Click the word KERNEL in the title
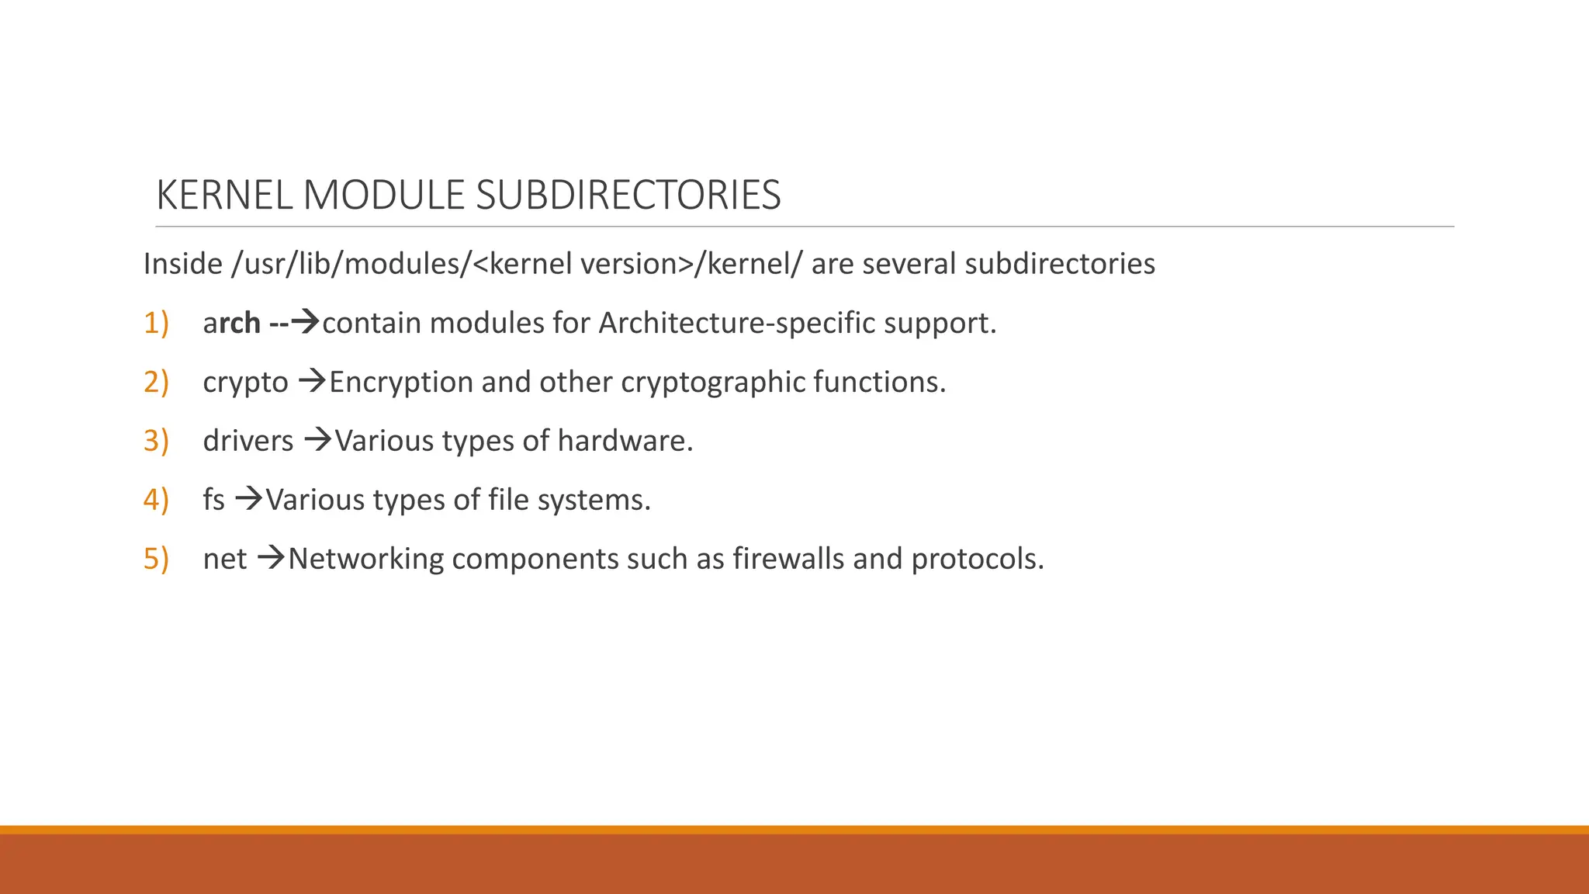point(224,195)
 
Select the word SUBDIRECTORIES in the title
point(628,195)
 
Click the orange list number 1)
point(156,323)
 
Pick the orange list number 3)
point(156,441)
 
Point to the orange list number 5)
point(156,559)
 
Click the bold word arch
point(231,323)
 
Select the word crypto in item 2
point(245,383)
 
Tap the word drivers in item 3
point(248,441)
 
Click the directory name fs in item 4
point(213,500)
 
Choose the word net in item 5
point(224,559)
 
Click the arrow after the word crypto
point(312,381)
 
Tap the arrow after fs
point(249,499)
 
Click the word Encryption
point(400,383)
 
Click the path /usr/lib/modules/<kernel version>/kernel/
point(518,264)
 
